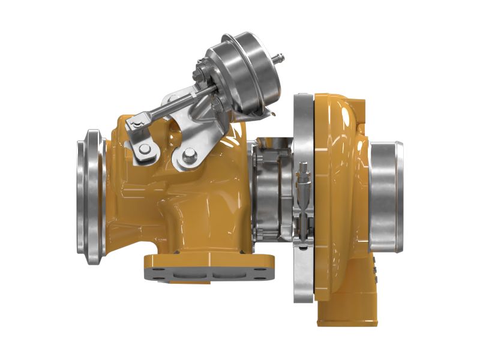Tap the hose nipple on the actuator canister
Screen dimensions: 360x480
pos(278,59)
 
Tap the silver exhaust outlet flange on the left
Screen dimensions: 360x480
pos(91,196)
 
